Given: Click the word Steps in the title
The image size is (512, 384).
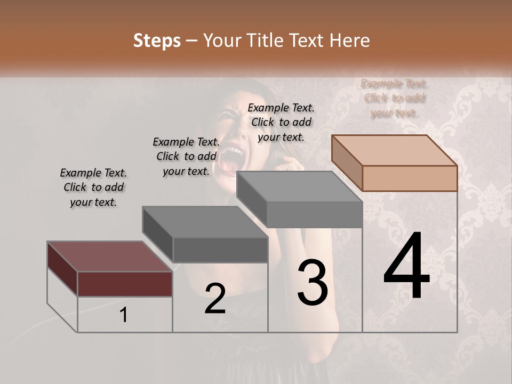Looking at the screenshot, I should point(157,41).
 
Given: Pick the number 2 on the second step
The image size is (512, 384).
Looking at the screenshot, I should point(215,299).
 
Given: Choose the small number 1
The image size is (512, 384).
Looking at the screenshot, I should point(124,315).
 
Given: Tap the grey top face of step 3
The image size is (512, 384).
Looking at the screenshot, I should point(299,187).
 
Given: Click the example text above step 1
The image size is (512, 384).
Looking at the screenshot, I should point(93,187).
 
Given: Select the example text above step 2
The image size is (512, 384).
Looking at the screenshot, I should point(186,156).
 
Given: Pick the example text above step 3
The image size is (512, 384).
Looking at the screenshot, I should point(281,122).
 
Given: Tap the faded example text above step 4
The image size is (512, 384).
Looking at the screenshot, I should point(394,98).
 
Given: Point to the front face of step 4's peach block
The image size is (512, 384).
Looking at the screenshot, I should point(410,178).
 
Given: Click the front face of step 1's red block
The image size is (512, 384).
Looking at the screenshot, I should point(125,284).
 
